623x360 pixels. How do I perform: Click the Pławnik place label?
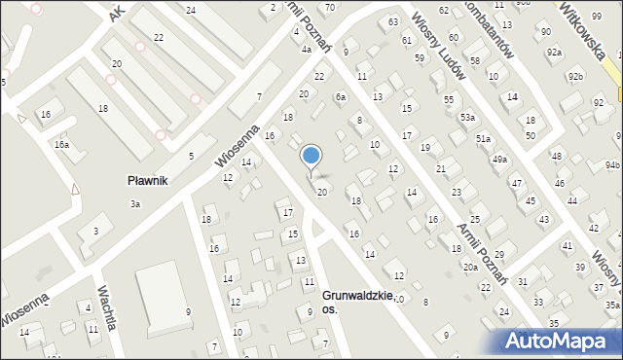[x=149, y=180]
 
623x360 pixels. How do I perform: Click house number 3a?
[x=136, y=203]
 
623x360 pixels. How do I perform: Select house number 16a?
[x=61, y=144]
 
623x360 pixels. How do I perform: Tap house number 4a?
[x=306, y=49]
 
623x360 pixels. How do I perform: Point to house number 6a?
[x=340, y=97]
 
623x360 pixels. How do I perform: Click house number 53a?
[x=468, y=118]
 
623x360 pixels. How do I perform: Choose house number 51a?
[x=484, y=139]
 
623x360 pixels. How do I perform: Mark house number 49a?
[x=499, y=159]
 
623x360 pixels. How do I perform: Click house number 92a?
[x=554, y=52]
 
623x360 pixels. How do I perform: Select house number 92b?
[x=576, y=75]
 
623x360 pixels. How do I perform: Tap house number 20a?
[x=470, y=267]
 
